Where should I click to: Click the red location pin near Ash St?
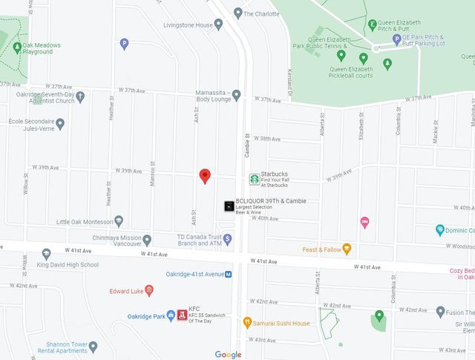coord(206,175)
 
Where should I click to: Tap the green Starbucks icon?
coord(254,179)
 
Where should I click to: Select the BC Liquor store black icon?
coord(229,206)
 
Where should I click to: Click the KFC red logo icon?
coord(181,314)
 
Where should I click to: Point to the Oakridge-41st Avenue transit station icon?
coord(229,274)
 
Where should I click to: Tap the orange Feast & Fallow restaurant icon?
coord(347,249)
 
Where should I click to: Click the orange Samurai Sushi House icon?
coord(248,322)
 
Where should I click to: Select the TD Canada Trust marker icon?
coord(228,239)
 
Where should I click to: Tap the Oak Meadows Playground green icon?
coord(17,48)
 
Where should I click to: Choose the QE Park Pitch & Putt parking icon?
coord(397,37)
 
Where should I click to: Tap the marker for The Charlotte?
coord(237,13)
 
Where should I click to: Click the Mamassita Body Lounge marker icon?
coord(236,94)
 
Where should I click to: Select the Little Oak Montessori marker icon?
coord(118,222)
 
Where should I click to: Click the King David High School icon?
coord(46,254)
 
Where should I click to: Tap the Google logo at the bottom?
coord(228,355)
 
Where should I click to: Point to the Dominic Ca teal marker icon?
coord(440,230)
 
